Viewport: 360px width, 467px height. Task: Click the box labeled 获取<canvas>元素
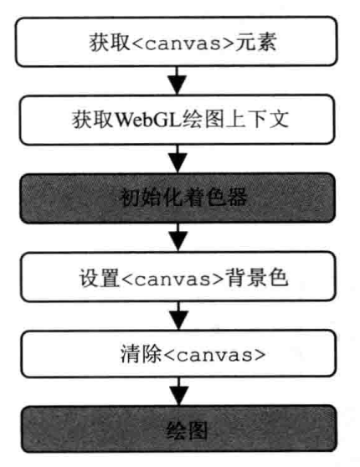pos(177,42)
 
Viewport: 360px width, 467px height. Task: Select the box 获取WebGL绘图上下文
pos(177,120)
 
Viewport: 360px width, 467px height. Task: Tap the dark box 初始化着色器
pos(177,198)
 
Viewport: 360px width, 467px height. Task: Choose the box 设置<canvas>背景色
pos(178,277)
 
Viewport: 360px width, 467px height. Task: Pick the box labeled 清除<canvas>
pos(178,354)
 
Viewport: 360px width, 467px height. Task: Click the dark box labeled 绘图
pos(179,429)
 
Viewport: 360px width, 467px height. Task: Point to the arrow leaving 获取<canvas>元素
pos(177,80)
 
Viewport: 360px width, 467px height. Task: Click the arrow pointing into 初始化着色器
pos(177,159)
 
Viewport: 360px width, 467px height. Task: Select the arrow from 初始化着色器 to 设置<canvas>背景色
pos(178,237)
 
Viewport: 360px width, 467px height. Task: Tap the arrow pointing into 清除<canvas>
pos(178,316)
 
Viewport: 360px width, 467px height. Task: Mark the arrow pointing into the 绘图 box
pos(179,392)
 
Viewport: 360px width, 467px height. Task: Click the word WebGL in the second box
pos(148,120)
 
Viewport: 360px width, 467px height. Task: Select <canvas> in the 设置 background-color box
pos(172,279)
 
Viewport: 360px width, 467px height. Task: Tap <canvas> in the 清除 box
pos(214,355)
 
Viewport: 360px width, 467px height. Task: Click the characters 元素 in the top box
pos(255,42)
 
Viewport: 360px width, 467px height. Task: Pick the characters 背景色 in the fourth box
pos(256,277)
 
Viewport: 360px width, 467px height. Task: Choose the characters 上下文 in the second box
pos(258,120)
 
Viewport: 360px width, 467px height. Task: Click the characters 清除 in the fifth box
pos(141,353)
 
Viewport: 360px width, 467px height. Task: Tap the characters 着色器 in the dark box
pos(216,198)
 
